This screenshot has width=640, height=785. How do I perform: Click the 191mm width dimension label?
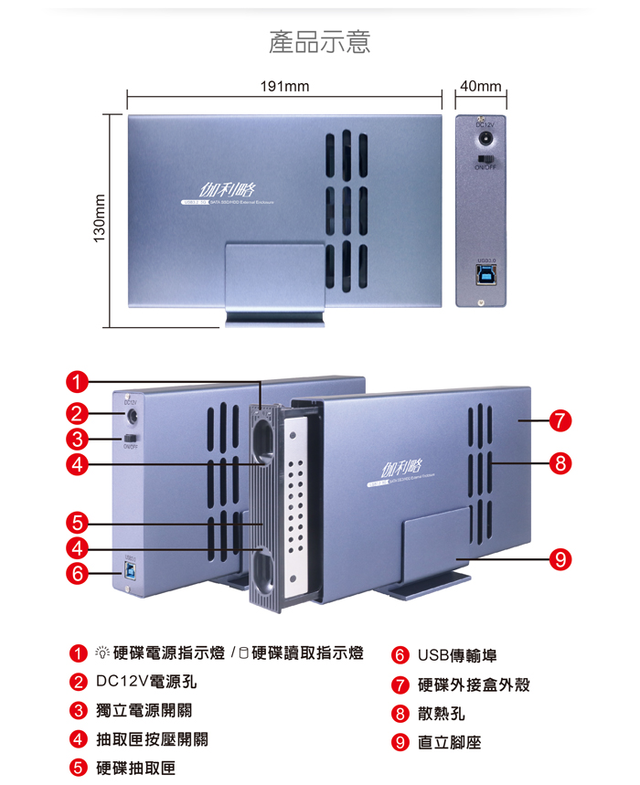pos(284,87)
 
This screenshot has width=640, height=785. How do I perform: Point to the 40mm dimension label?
pos(481,87)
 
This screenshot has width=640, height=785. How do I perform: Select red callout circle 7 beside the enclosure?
pos(561,421)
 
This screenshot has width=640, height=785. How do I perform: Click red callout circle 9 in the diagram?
pos(561,558)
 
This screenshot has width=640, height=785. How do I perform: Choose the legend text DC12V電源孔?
pos(146,682)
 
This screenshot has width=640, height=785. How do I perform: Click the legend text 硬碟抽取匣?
pos(136,769)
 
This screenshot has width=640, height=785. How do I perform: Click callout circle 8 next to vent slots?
pos(561,462)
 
